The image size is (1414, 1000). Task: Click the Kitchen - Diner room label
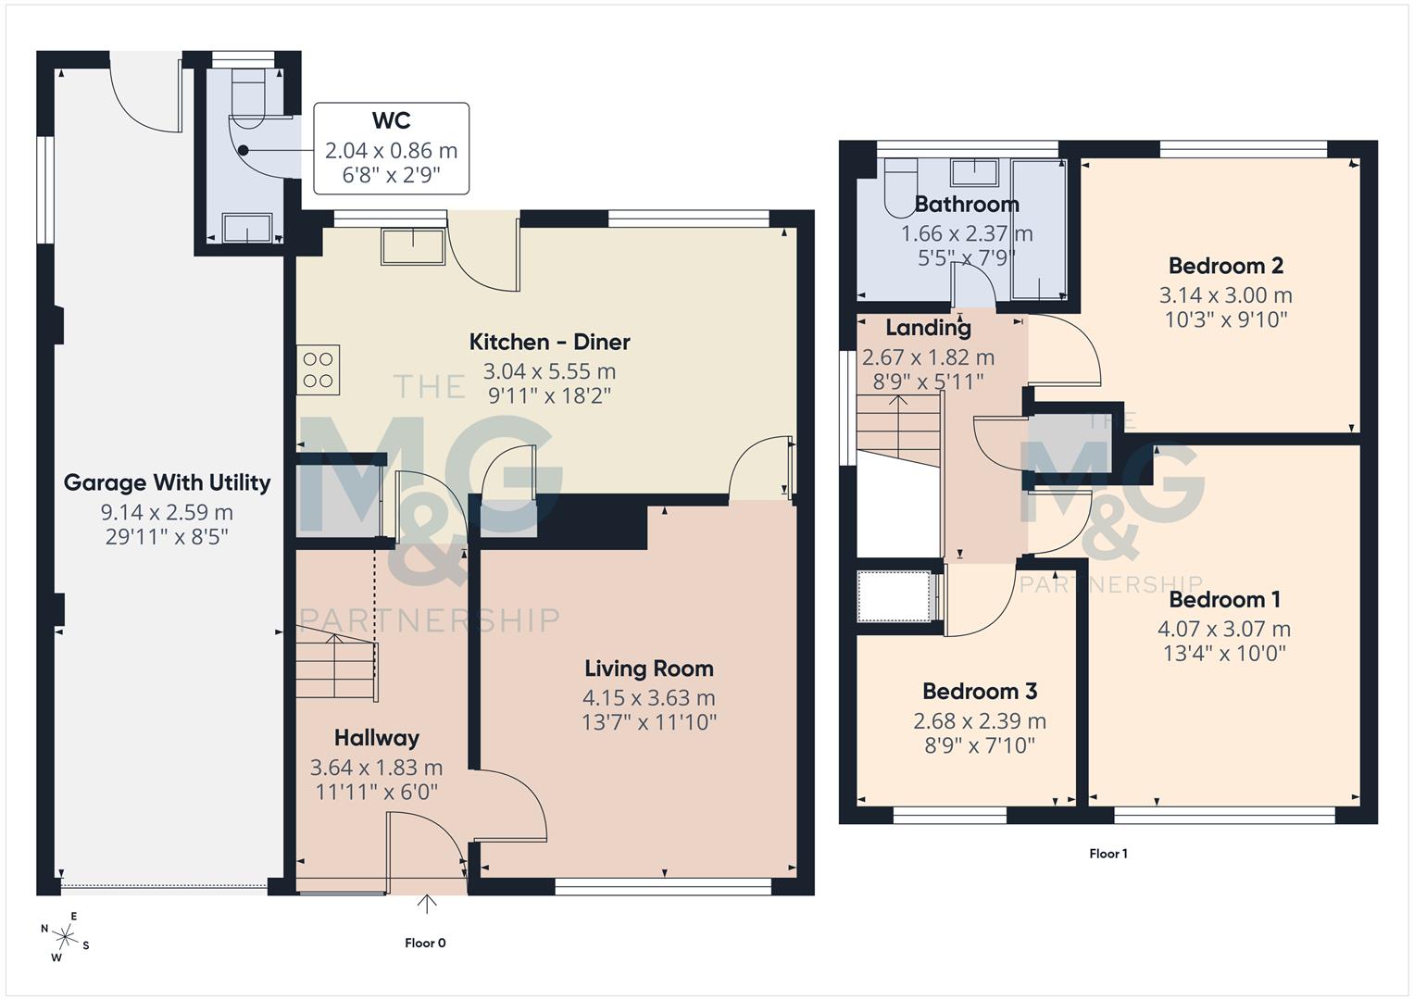coord(549,342)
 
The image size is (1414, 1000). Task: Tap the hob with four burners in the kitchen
coord(318,369)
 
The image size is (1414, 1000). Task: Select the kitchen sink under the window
coord(412,246)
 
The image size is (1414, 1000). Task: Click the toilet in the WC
coord(246,102)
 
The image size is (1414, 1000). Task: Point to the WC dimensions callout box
coord(391,148)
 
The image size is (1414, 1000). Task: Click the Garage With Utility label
coord(167,482)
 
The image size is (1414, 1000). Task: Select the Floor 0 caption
coord(425,943)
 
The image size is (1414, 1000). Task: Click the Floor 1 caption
coord(1107,854)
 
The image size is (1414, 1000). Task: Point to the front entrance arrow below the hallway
coord(427,903)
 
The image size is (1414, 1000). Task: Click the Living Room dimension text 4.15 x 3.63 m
coord(648,697)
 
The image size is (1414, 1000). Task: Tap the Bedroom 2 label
coord(1225,266)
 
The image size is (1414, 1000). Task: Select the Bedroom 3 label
coord(979,691)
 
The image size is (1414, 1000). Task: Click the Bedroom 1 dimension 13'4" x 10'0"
coord(1224,653)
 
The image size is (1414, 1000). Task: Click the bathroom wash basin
coord(976,172)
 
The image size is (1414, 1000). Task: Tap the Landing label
coord(928,327)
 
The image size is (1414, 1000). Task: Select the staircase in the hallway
coord(336,664)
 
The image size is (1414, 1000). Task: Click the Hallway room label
coord(376,738)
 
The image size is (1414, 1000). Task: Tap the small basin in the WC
coord(247,227)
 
